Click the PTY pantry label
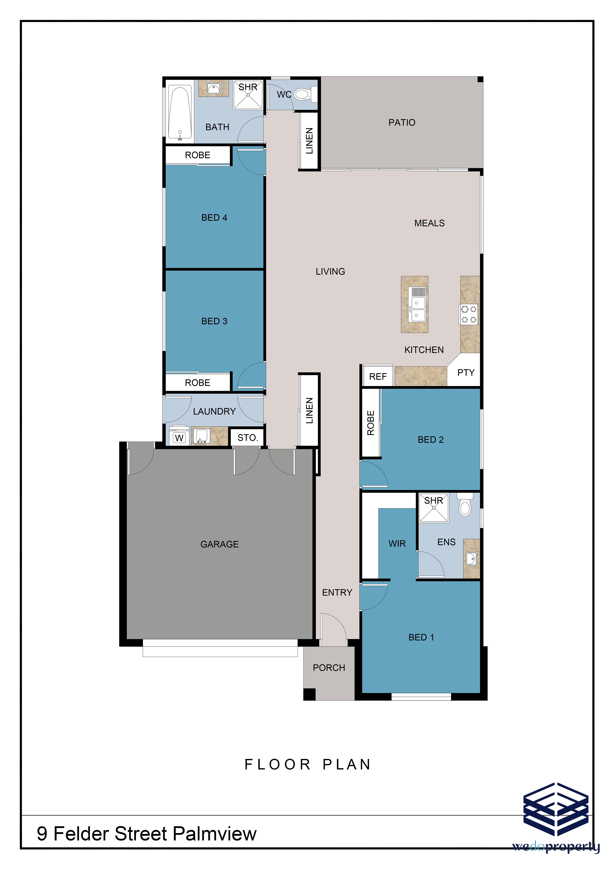click(466, 373)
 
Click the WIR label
click(397, 544)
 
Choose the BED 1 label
click(421, 637)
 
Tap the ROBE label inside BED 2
click(371, 423)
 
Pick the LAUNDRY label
click(214, 411)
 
